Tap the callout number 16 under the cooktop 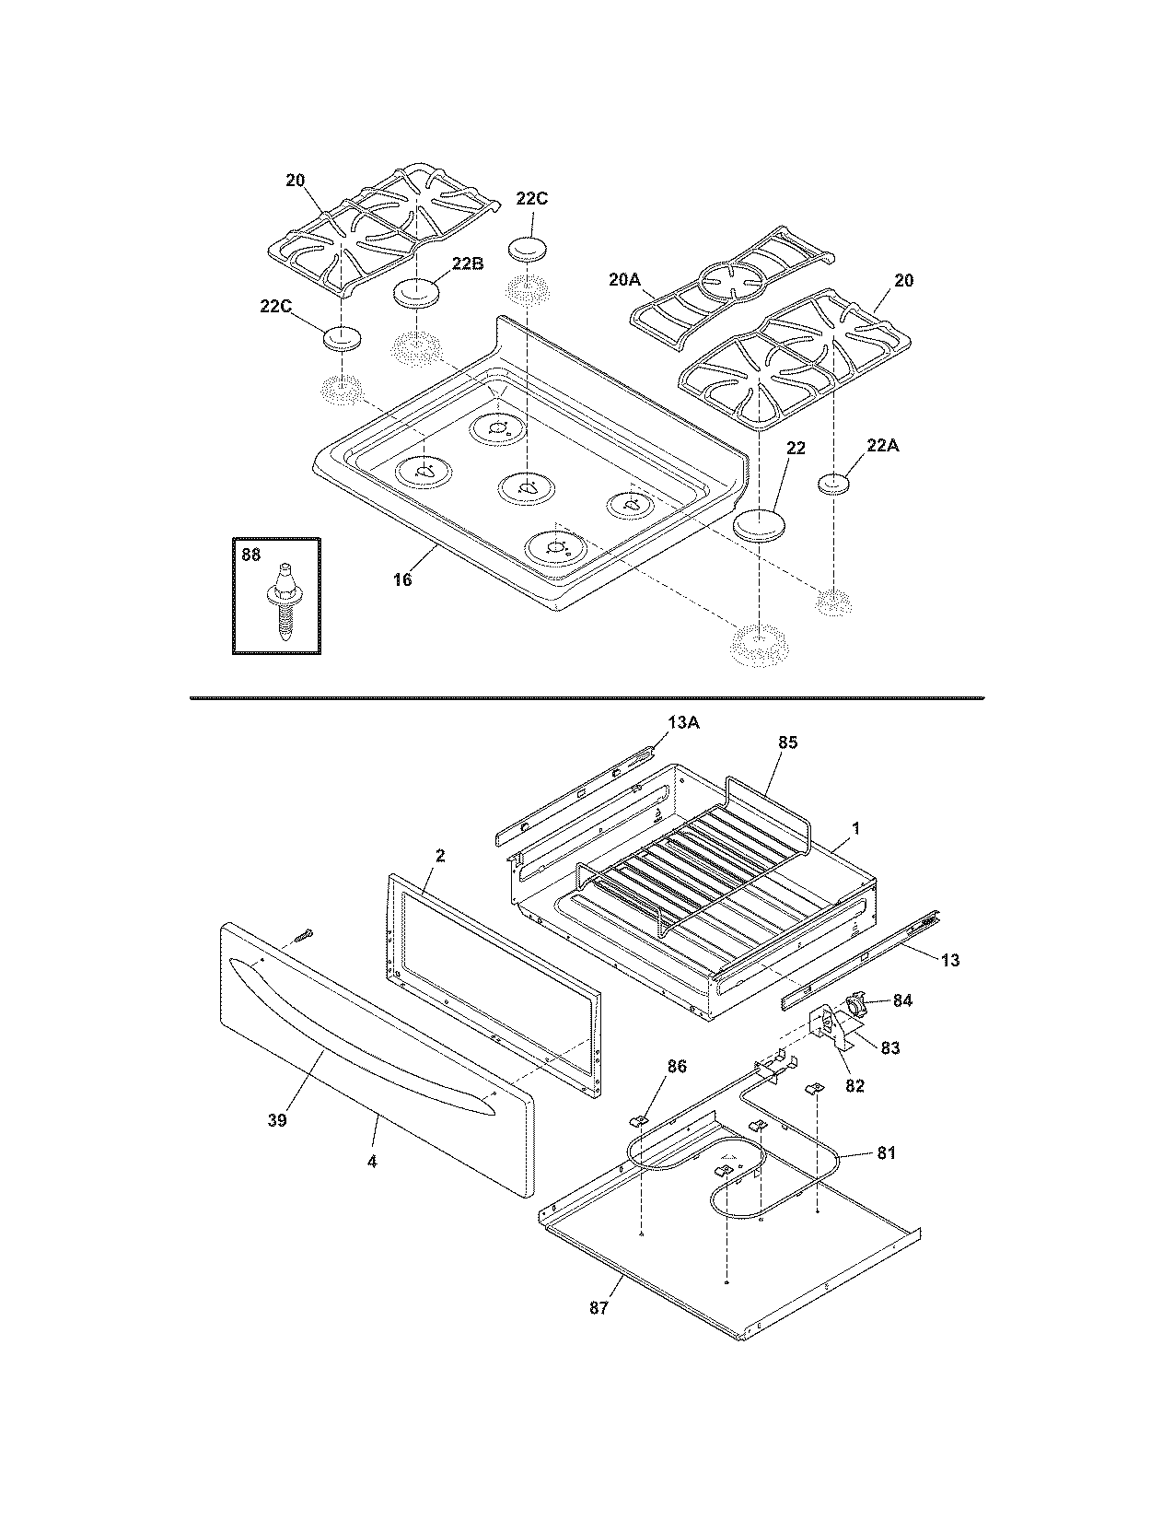pos(403,579)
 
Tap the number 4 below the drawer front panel pos(372,1162)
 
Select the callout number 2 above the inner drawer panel pos(440,856)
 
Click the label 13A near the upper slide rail pos(683,723)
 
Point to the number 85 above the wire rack pos(788,742)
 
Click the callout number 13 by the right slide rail pos(950,960)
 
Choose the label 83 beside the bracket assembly pos(890,1047)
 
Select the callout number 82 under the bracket pos(854,1085)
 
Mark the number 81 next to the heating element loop pos(886,1152)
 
